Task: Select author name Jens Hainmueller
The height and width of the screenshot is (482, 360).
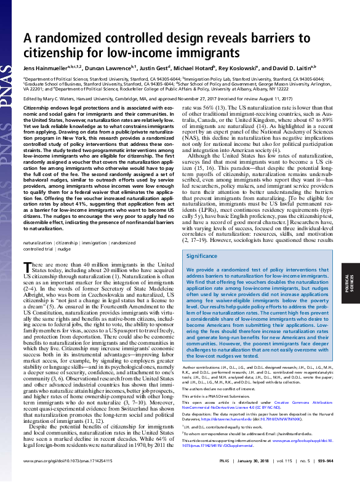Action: [47, 68]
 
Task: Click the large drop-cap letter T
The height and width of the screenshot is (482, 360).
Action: [28, 267]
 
